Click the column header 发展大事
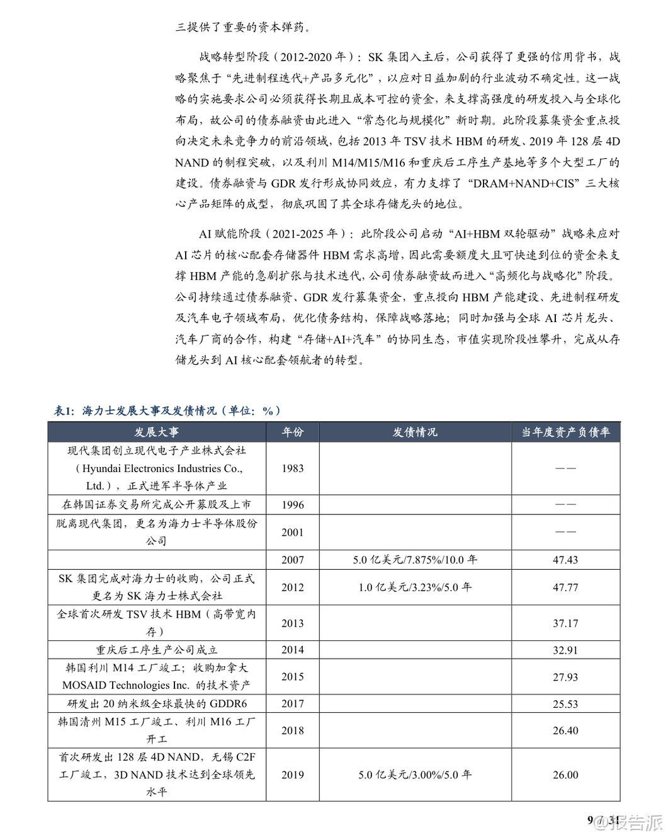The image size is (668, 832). click(156, 432)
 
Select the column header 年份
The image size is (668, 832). click(292, 432)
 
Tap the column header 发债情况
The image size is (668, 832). click(415, 432)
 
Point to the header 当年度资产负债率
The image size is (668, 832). click(565, 432)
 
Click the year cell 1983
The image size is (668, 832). click(292, 468)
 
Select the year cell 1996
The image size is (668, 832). click(292, 505)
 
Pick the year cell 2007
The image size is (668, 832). click(292, 560)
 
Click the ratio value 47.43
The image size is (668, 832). click(565, 560)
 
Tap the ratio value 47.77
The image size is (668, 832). click(565, 587)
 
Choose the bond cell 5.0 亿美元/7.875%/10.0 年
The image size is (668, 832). click(415, 560)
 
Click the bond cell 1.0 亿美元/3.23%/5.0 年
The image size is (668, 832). click(415, 587)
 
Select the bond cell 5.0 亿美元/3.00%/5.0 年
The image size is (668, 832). click(415, 775)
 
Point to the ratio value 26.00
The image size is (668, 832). click(565, 775)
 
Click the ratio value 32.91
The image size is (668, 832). click(565, 650)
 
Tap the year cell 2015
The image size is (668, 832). click(292, 677)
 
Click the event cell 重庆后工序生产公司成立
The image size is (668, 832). click(156, 650)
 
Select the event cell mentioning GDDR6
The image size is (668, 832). click(156, 704)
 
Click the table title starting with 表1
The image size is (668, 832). click(167, 411)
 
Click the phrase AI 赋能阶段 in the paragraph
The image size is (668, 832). click(230, 234)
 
